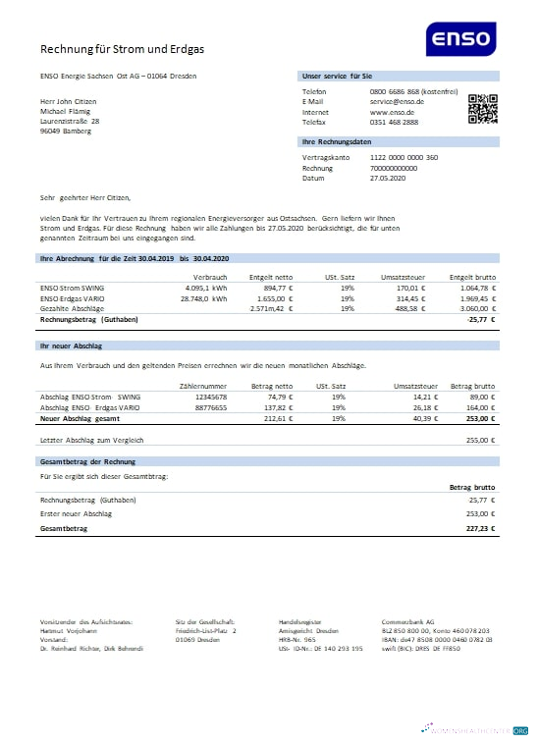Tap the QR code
coord(483,108)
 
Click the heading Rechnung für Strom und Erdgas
coord(123,48)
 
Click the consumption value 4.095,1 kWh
coord(206,289)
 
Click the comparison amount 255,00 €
coord(478,440)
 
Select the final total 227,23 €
coord(478,527)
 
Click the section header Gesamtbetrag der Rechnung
coord(87,460)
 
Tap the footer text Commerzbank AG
coord(409,622)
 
